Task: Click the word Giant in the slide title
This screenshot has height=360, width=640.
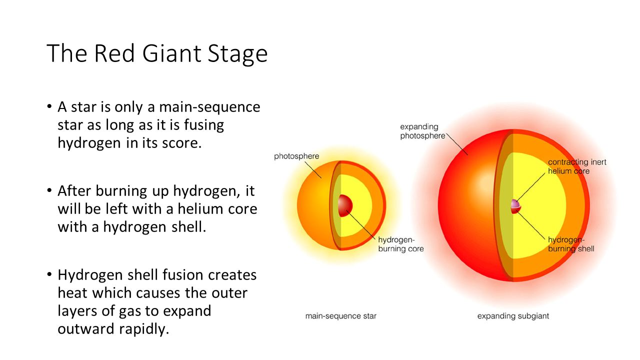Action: tap(171, 53)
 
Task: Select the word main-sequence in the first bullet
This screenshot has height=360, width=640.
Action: tap(209, 107)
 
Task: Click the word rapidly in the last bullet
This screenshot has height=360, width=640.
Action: tap(144, 329)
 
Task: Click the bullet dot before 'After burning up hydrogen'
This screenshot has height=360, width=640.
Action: tap(49, 190)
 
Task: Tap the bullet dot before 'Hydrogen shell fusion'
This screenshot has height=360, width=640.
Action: tap(49, 274)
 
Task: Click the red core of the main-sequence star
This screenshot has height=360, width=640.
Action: tap(345, 205)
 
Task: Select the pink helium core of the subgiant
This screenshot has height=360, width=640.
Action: tap(515, 204)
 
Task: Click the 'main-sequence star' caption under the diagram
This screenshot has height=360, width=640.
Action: tap(341, 316)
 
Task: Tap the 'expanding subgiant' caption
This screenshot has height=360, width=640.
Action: tap(513, 316)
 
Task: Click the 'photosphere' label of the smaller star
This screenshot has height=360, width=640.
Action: tap(296, 156)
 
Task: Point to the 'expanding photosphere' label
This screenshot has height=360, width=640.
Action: tap(422, 131)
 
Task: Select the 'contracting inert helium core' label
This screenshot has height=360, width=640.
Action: tap(577, 166)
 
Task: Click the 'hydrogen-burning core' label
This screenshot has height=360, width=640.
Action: tap(401, 244)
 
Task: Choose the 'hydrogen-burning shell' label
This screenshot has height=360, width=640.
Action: tap(571, 244)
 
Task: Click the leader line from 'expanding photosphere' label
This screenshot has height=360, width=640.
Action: tap(457, 144)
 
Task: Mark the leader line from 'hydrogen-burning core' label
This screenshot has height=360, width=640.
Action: tap(361, 225)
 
